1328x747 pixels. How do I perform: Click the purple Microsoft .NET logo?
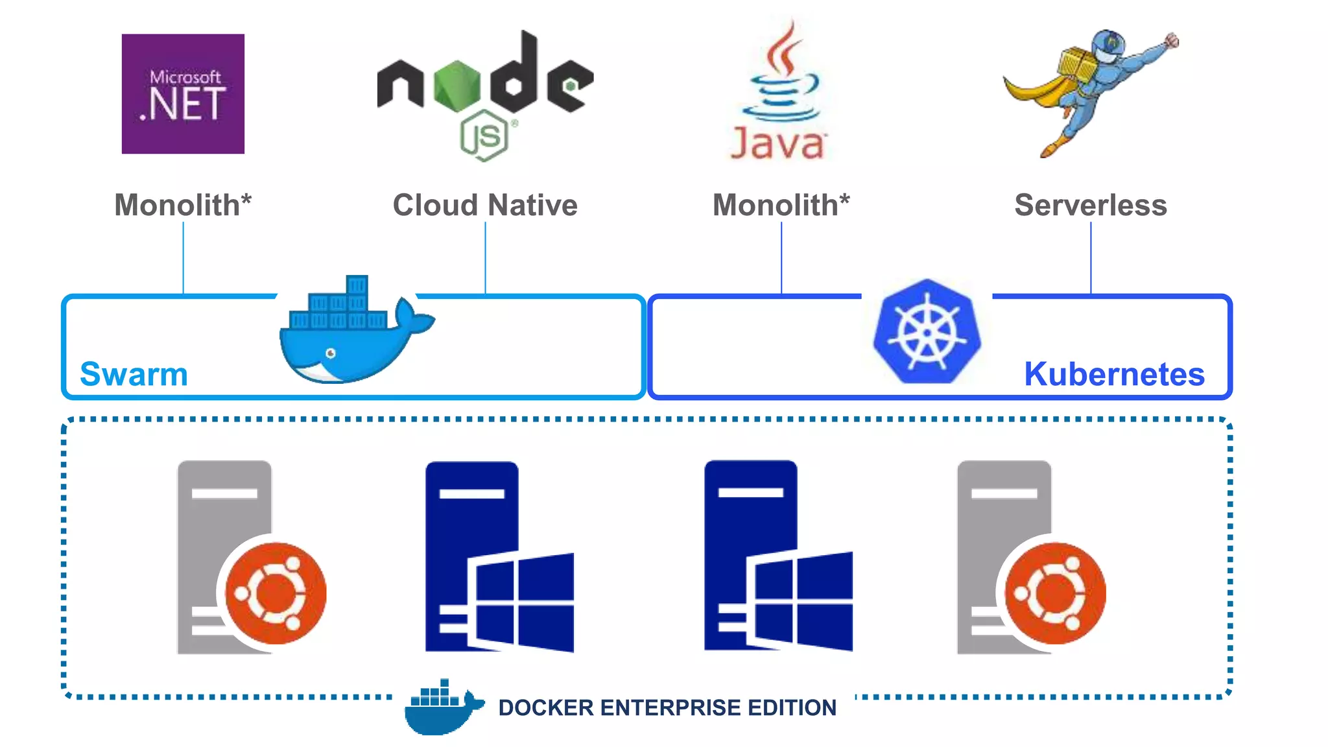coord(183,94)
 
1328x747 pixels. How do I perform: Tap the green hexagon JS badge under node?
coord(484,136)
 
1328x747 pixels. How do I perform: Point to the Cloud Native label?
coord(485,205)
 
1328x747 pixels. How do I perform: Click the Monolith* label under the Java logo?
coord(781,205)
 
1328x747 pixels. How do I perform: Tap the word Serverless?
coord(1091,205)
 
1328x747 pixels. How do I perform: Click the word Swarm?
coord(134,374)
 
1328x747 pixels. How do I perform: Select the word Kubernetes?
coord(1114,374)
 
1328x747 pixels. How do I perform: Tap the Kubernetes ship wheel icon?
coord(927,333)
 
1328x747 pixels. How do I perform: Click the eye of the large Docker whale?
coord(331,353)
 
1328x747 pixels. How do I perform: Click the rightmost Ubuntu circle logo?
coord(1055,593)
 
